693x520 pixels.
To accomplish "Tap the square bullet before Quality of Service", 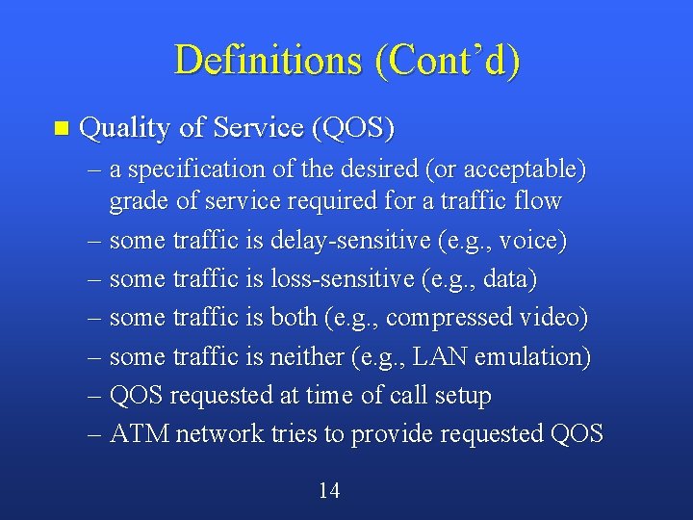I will (x=63, y=128).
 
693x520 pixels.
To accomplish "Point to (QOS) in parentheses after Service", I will (x=352, y=128).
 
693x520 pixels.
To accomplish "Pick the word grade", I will (x=136, y=201).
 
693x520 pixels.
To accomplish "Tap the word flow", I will (x=541, y=201).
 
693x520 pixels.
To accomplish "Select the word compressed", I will (x=449, y=318).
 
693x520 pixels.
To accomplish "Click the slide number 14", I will (x=329, y=491).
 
